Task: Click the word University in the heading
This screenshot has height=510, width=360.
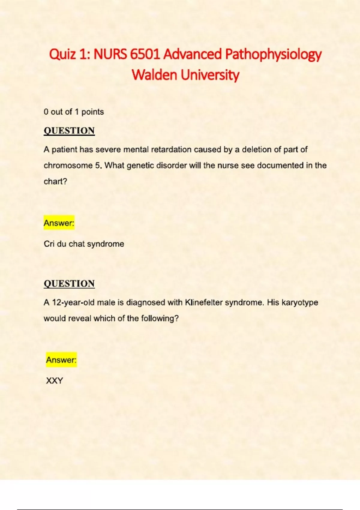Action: (x=210, y=75)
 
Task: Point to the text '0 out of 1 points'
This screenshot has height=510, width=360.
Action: (x=73, y=112)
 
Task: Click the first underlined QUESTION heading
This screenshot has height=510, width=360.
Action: (x=69, y=131)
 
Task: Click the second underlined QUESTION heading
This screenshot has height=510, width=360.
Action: (x=69, y=283)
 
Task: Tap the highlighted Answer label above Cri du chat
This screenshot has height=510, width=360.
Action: (x=59, y=223)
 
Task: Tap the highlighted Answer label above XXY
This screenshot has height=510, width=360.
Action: (x=61, y=360)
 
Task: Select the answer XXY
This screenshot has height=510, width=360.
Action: (x=55, y=381)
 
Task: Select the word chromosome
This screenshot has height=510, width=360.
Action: (x=68, y=166)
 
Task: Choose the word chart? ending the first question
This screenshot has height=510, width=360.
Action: (x=55, y=181)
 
